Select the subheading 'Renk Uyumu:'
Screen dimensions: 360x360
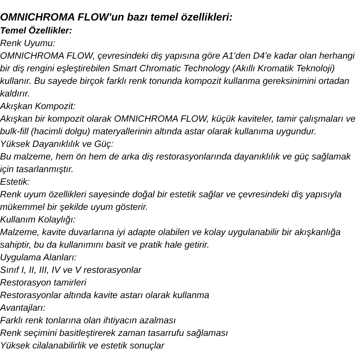click(28, 43)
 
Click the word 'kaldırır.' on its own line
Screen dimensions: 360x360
click(15, 94)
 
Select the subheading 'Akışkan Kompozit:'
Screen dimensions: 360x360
click(38, 106)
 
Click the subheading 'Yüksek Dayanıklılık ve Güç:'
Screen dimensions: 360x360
click(57, 144)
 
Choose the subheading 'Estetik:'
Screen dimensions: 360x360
click(15, 182)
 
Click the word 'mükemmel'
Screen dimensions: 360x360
click(22, 207)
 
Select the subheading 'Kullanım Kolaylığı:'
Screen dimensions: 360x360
click(38, 220)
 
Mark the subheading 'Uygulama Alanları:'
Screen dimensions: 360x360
click(39, 257)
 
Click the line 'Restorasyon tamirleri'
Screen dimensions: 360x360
click(43, 283)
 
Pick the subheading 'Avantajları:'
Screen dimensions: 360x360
click(23, 308)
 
